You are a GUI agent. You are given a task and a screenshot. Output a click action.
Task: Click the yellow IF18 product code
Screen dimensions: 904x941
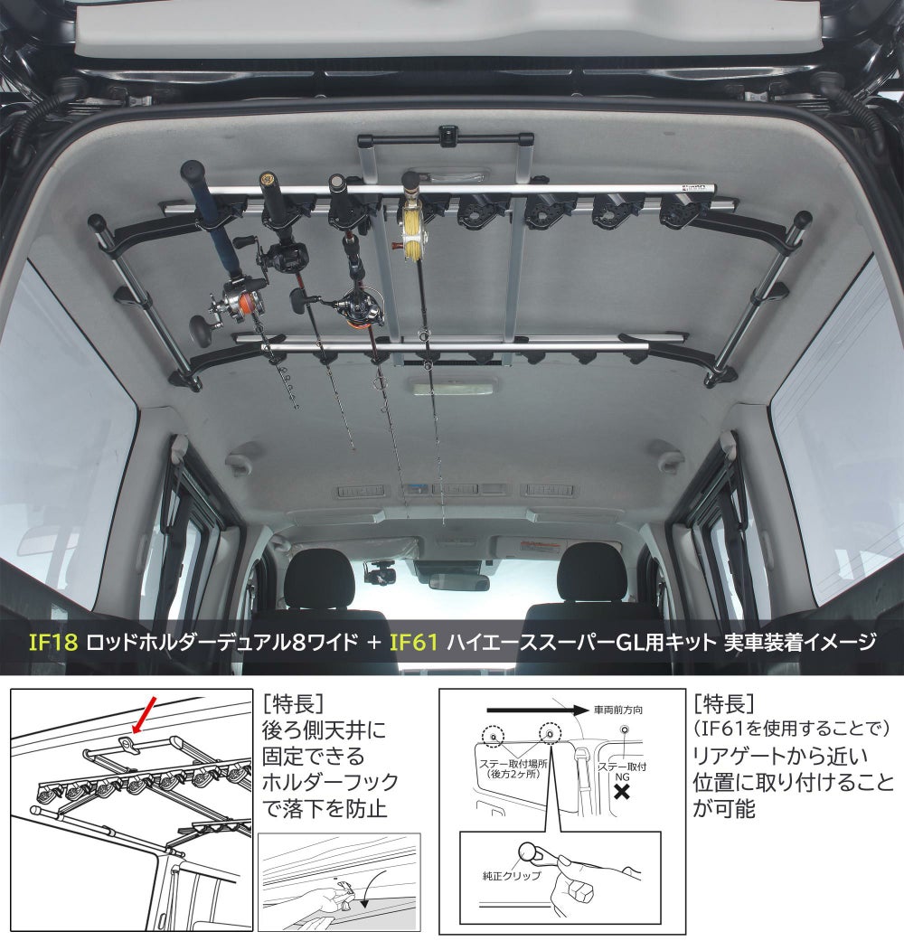point(53,642)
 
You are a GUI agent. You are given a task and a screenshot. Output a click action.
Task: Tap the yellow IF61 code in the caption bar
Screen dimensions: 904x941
point(414,642)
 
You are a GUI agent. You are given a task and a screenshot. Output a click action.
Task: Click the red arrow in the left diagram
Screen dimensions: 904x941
point(144,715)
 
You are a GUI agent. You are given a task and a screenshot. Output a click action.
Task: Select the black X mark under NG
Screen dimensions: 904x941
point(623,792)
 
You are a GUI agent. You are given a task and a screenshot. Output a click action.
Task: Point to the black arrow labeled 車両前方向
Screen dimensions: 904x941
point(537,710)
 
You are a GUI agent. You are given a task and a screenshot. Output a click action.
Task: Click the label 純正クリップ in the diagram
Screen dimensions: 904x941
point(512,876)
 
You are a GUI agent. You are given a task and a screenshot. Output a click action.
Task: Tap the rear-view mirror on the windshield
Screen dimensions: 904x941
point(459,581)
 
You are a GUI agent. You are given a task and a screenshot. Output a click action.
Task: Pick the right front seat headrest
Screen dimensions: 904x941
point(592,572)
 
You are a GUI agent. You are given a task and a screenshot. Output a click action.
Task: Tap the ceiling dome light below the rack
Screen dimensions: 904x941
point(453,386)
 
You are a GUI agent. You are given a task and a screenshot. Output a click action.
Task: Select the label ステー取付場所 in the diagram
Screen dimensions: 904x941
point(513,764)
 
